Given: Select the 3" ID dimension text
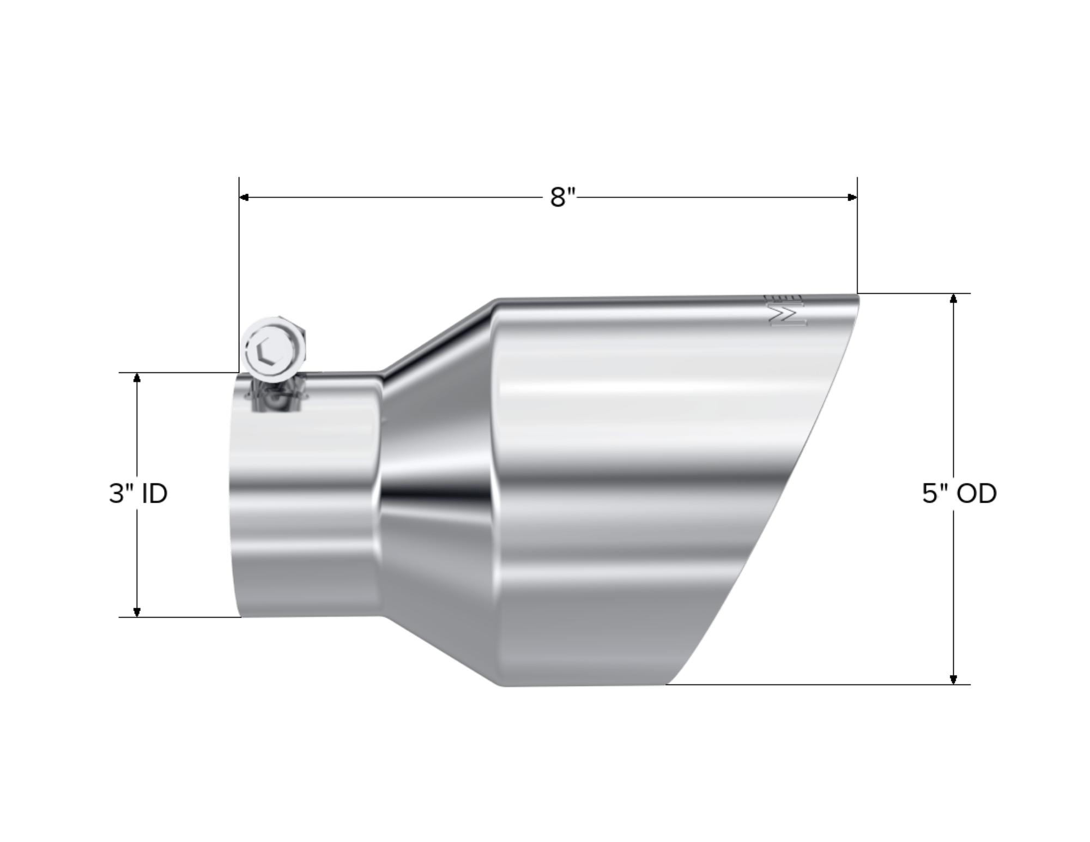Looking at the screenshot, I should [x=138, y=494].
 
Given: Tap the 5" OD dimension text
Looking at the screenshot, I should [x=959, y=494].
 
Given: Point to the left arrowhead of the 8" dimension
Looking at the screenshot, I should [x=245, y=197].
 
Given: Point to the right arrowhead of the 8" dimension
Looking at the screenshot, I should [x=852, y=197].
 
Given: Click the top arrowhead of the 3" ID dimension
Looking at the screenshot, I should [x=137, y=378].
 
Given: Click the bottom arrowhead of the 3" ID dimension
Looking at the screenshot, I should [x=137, y=611].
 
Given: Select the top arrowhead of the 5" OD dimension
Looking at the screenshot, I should [x=953, y=299].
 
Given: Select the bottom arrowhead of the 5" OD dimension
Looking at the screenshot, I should [x=953, y=679].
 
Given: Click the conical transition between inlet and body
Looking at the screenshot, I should [x=436, y=490].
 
